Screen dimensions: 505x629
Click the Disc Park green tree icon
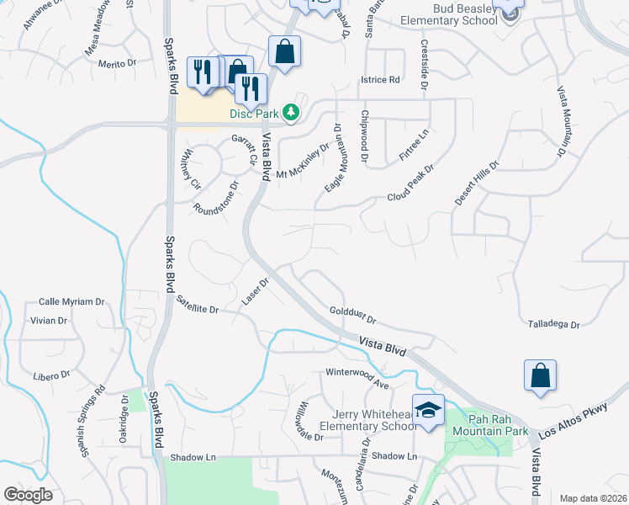(290, 112)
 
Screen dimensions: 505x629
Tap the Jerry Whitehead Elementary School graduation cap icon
(428, 410)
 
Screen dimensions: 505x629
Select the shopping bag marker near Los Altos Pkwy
(539, 375)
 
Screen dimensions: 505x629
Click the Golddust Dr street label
(352, 315)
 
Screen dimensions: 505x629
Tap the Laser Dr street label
(254, 292)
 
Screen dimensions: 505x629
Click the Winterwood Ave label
(357, 378)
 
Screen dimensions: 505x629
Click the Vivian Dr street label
(48, 321)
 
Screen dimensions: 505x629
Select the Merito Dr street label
(117, 64)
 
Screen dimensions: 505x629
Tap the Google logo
(28, 494)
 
